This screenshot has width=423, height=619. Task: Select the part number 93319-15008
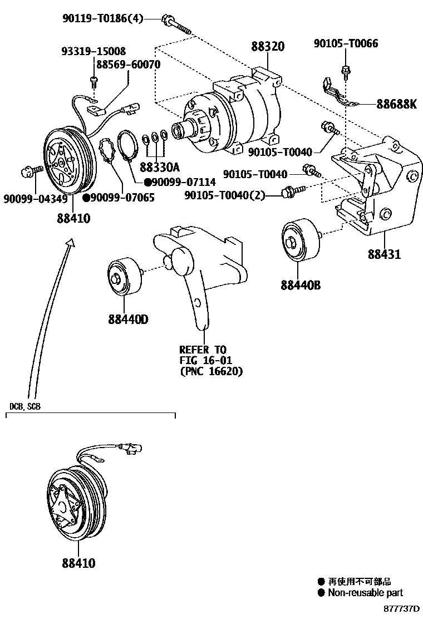94,51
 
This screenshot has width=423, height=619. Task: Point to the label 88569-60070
129,65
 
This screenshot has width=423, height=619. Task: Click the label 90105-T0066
346,43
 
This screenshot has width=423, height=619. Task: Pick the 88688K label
396,104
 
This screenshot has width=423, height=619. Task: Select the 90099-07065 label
119,198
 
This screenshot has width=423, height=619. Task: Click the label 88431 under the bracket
384,255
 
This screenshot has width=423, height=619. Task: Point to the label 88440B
301,285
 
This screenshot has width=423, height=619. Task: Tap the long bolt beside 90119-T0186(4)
176,26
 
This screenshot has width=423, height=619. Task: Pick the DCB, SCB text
25,407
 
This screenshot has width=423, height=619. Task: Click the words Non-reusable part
365,593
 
